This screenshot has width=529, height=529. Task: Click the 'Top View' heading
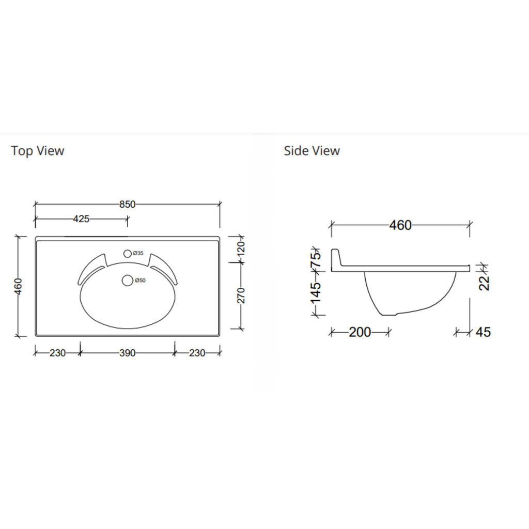pyautogui.click(x=37, y=150)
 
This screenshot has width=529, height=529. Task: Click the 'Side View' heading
pyautogui.click(x=312, y=150)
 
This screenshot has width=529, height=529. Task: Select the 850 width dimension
pyautogui.click(x=127, y=204)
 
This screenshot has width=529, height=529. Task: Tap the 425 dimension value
pyautogui.click(x=81, y=219)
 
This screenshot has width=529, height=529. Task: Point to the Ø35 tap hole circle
pyautogui.click(x=127, y=254)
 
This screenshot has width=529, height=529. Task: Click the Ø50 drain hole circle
pyautogui.click(x=128, y=281)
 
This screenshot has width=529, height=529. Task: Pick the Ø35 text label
pyautogui.click(x=138, y=253)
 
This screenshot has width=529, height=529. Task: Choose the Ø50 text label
pyautogui.click(x=140, y=281)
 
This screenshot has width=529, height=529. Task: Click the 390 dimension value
pyautogui.click(x=127, y=353)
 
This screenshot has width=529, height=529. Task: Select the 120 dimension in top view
pyautogui.click(x=241, y=249)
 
